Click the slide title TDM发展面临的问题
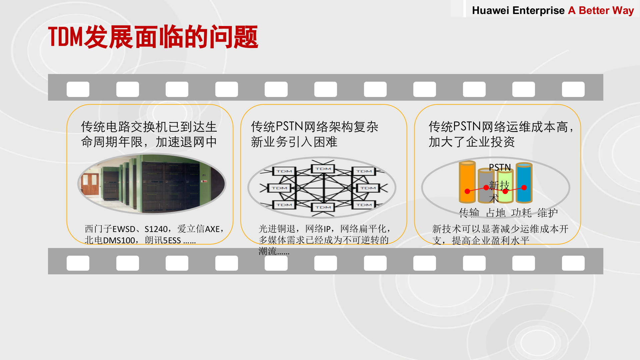[153, 37]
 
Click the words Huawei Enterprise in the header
[518, 10]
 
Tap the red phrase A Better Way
[601, 10]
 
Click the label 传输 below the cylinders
[469, 212]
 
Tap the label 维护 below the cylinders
[547, 212]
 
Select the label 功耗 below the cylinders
[521, 212]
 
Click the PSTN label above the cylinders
[500, 167]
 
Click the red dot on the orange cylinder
[467, 191]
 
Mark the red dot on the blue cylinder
[524, 188]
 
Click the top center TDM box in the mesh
[323, 169]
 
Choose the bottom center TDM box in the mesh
[323, 207]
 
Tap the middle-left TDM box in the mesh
[279, 188]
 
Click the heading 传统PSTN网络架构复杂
[314, 127]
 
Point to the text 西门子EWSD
[110, 229]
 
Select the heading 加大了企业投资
[472, 142]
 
